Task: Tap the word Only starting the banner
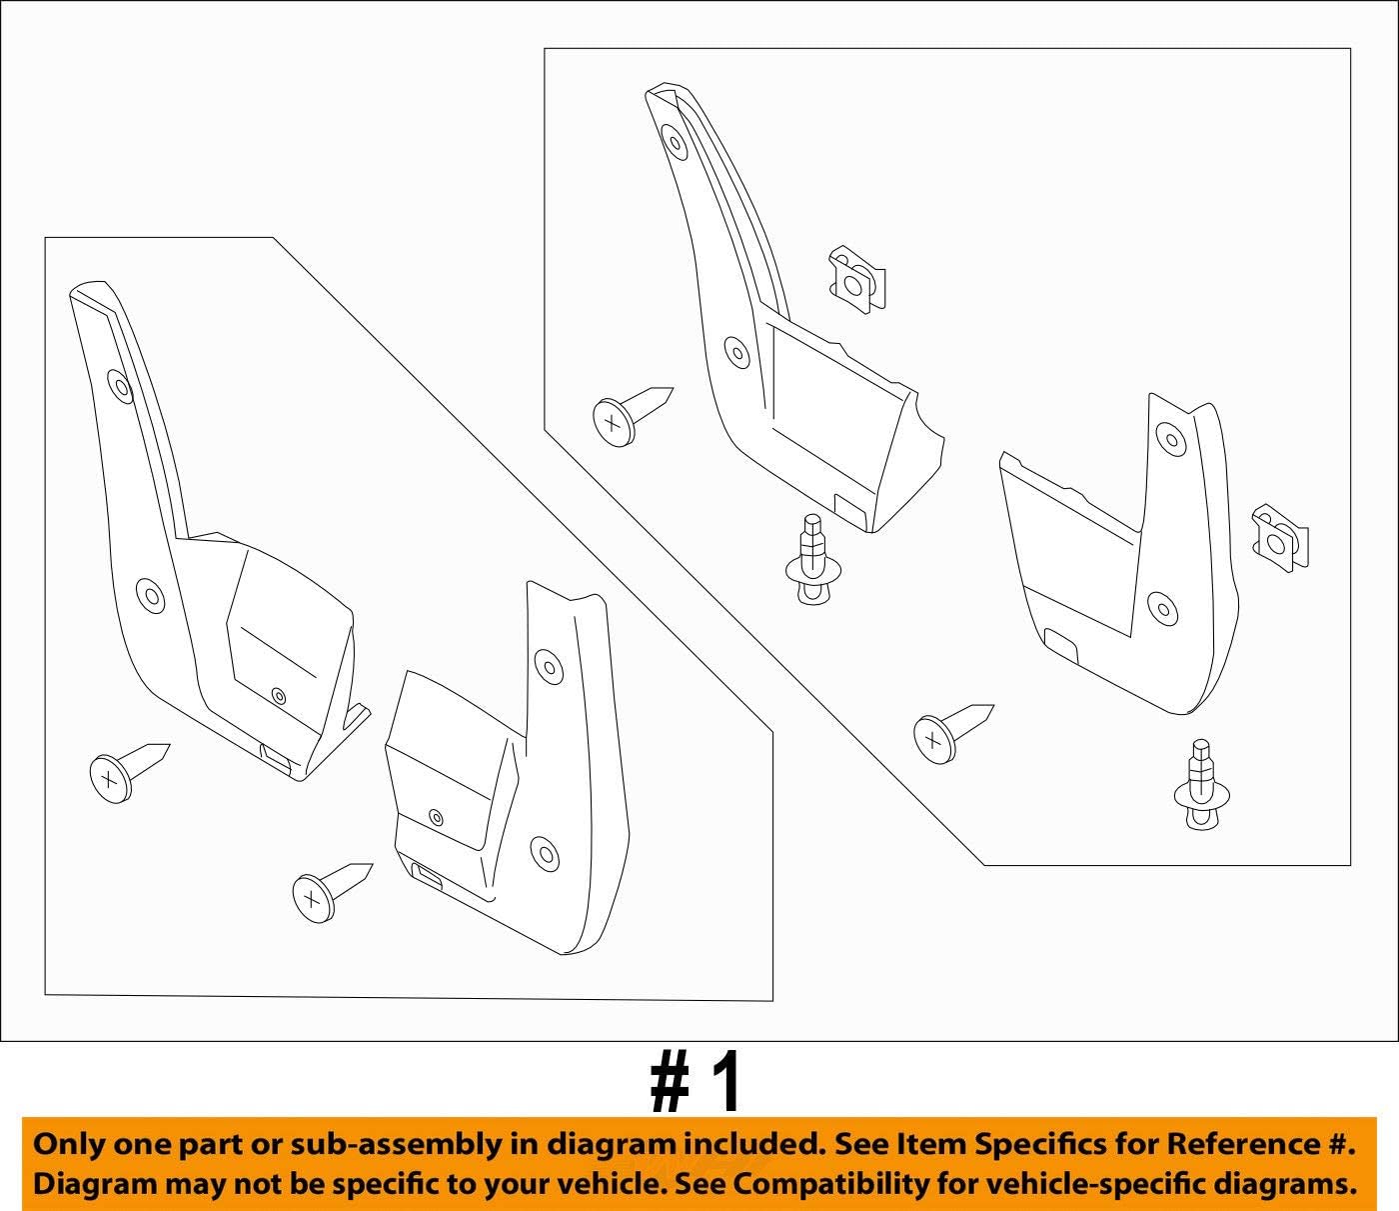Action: (x=67, y=1144)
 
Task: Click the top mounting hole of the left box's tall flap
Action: (x=120, y=387)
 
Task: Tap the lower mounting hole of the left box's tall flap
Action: (x=151, y=596)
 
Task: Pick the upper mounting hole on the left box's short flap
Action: (x=547, y=665)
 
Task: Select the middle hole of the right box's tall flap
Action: (x=737, y=352)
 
